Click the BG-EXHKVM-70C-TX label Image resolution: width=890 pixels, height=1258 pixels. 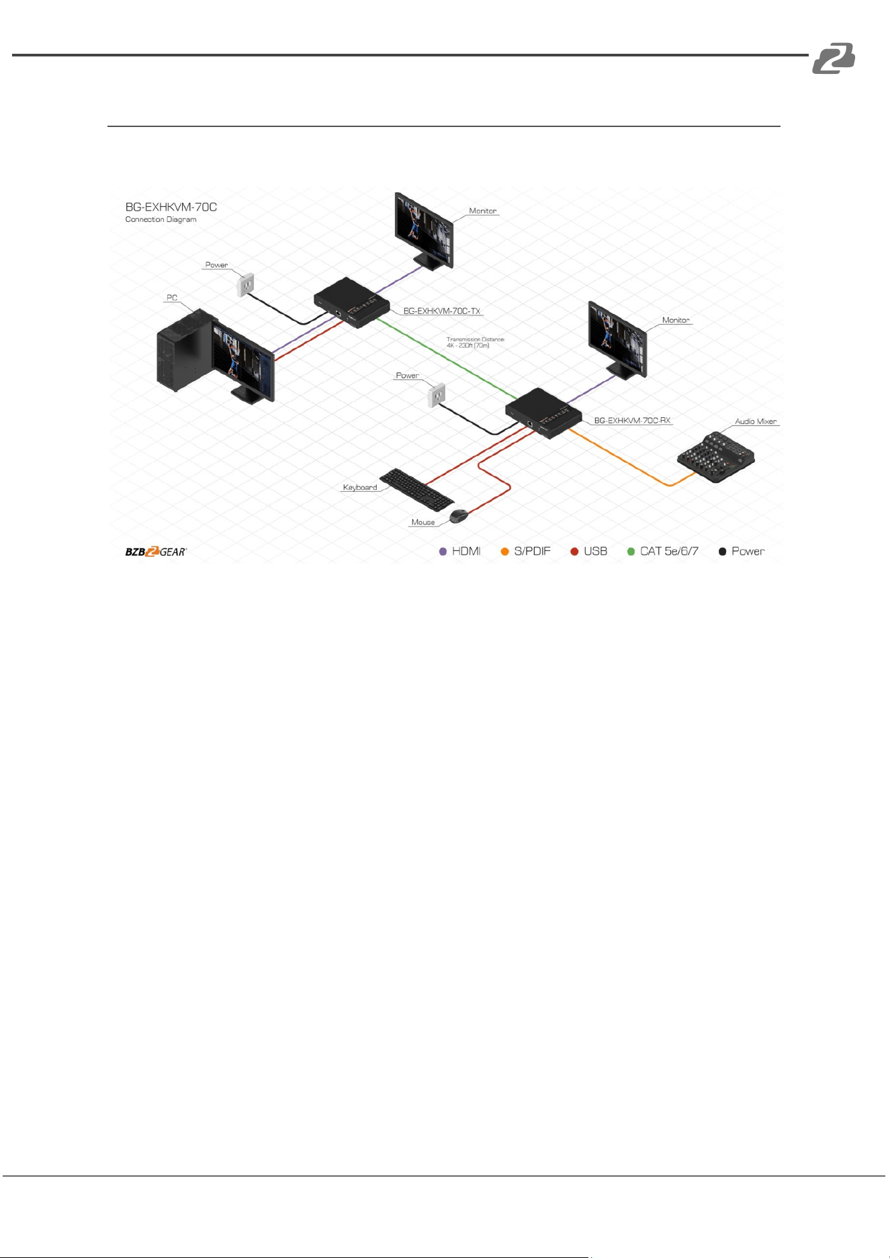[442, 311]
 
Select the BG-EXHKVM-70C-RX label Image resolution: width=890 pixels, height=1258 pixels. [632, 421]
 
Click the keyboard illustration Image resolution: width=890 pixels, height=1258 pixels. [417, 489]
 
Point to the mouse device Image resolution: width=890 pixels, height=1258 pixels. [459, 516]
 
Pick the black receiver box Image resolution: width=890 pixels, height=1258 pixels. [543, 413]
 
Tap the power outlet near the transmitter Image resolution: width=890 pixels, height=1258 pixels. [246, 285]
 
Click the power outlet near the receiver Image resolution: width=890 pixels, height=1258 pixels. [437, 395]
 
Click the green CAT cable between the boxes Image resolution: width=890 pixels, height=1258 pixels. [446, 360]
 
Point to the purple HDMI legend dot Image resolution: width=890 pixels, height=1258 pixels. [443, 552]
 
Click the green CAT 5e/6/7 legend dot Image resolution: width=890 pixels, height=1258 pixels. [631, 552]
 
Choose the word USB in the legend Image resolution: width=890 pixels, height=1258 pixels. [595, 552]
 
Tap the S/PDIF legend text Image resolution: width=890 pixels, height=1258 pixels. [532, 552]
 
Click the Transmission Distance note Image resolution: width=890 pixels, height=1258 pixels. [476, 342]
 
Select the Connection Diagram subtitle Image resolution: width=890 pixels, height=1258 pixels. [161, 220]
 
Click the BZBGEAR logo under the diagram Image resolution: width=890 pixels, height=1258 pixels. [156, 552]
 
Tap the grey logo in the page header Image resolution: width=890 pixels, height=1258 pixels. [834, 58]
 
